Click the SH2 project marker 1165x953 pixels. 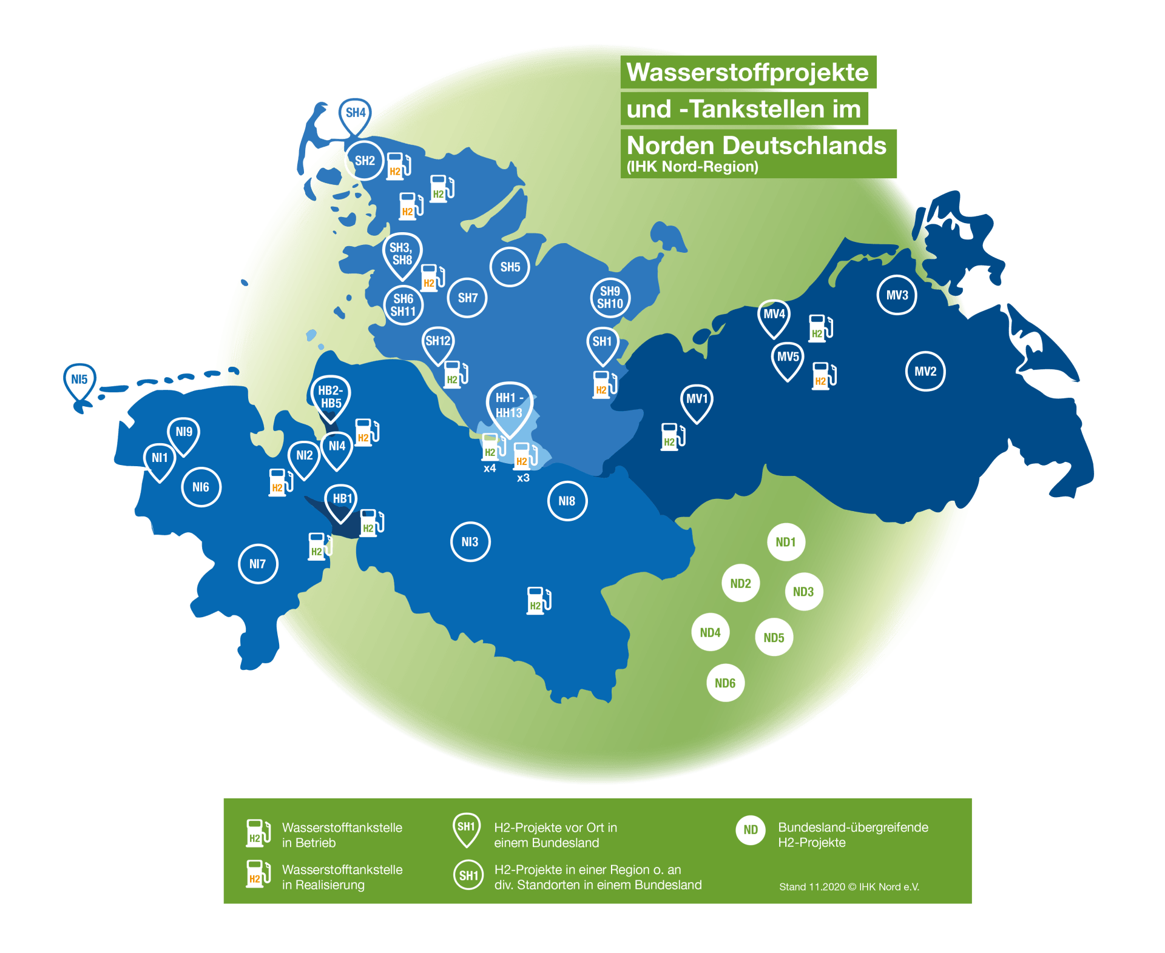tap(364, 161)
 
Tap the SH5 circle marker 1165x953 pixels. tap(510, 267)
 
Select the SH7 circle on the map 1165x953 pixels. tap(467, 298)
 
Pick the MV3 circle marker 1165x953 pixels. tap(897, 295)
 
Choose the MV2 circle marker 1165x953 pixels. tap(925, 371)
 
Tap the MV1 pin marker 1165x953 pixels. tap(697, 400)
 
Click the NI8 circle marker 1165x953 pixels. tap(567, 501)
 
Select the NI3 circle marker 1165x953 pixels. tap(470, 541)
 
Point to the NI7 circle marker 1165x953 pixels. tap(258, 564)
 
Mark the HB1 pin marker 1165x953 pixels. tap(342, 500)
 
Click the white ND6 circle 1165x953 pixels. tap(725, 683)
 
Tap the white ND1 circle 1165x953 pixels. tap(786, 542)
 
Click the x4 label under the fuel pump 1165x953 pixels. tap(490, 469)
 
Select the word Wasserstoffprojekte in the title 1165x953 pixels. tap(748, 72)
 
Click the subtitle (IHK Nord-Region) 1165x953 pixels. tap(692, 167)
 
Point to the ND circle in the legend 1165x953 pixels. tap(751, 830)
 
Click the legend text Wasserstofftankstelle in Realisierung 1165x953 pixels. tap(342, 877)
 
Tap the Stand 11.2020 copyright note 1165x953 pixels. tap(849, 887)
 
